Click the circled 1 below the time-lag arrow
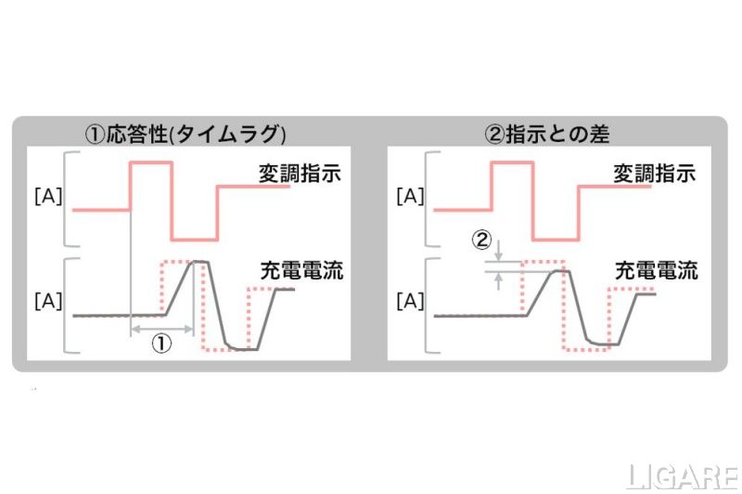(161, 344)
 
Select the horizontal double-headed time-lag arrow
(161, 328)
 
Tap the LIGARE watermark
(682, 476)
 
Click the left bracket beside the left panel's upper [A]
(69, 197)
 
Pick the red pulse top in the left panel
(151, 163)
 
